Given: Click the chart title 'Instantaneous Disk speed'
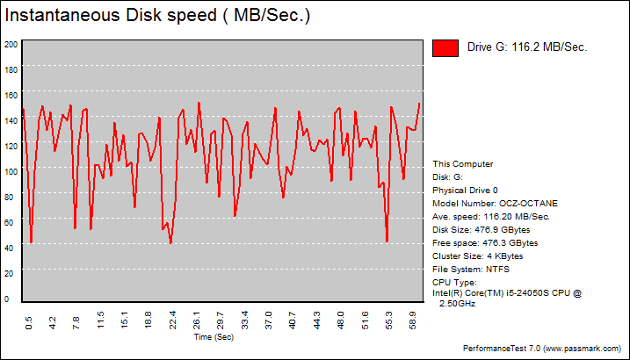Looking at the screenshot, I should coord(158,17).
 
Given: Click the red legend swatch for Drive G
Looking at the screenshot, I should coord(445,48).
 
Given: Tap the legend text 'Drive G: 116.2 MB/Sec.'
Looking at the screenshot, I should coord(527,47).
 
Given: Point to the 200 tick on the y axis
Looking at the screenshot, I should coord(11,44).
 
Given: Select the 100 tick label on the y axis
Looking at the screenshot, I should coord(11,171).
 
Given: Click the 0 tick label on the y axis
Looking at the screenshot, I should coord(7,299).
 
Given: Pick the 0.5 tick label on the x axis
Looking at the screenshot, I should coord(29,323).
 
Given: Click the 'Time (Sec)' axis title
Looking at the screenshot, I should coord(214,337).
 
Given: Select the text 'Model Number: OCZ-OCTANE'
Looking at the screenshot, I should coord(495,203).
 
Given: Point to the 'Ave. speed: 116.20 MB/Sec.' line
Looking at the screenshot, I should coord(491,216).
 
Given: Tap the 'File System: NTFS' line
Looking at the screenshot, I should coord(471,269).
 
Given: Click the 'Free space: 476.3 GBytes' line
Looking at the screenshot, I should coord(485,242).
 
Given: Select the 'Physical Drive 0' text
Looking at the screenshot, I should coord(465,190).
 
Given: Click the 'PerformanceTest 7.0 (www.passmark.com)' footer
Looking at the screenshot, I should coord(543,349).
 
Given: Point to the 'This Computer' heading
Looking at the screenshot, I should coord(463,163).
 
